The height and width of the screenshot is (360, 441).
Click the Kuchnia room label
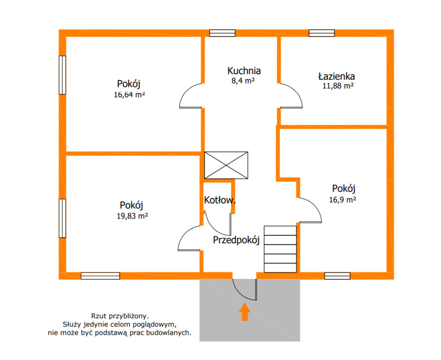[x=244, y=71]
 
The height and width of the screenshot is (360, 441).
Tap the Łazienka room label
[x=336, y=76]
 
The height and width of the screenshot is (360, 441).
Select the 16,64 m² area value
[x=129, y=95]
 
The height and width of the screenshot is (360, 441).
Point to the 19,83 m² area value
[x=132, y=216]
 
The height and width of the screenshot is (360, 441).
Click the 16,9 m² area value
[x=343, y=200]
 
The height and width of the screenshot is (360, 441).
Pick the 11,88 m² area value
[x=338, y=86]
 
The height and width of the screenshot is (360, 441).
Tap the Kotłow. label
[x=220, y=200]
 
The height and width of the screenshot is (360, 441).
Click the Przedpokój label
[x=236, y=240]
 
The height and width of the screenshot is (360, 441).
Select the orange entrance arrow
[x=245, y=312]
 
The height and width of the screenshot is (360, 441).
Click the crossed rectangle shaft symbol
[x=226, y=165]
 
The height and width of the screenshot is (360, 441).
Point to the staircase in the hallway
[x=280, y=249]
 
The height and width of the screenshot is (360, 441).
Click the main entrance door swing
[x=245, y=290]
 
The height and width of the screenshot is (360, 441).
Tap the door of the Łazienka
[x=292, y=96]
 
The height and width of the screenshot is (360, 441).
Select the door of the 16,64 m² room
[x=190, y=96]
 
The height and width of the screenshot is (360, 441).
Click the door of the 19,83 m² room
[x=189, y=238]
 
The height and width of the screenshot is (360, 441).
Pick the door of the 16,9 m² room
[x=311, y=210]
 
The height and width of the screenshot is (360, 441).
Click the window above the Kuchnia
[x=222, y=33]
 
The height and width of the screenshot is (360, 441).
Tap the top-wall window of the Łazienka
[x=322, y=33]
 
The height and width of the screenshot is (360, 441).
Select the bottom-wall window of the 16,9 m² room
[x=337, y=276]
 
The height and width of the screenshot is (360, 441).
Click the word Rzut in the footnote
[x=98, y=316]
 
